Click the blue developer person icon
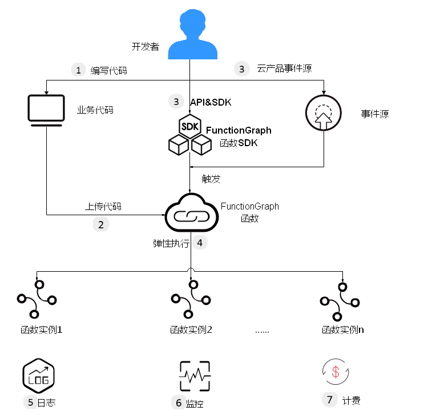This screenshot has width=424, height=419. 193,35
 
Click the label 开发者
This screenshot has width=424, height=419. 145,47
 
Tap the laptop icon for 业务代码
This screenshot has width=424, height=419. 46,110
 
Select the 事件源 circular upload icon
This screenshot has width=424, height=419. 323,113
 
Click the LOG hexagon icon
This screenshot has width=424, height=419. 38,375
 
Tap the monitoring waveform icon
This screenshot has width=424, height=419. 195,375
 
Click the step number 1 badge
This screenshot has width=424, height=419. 78,70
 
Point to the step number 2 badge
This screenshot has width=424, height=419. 101,224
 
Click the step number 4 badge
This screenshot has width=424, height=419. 200,243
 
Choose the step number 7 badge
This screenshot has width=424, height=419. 329,400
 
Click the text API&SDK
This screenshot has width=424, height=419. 210,102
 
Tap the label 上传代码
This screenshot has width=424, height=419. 103,207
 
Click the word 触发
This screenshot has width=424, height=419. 211,179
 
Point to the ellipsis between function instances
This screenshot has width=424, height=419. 262,330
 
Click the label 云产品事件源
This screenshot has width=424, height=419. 284,69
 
